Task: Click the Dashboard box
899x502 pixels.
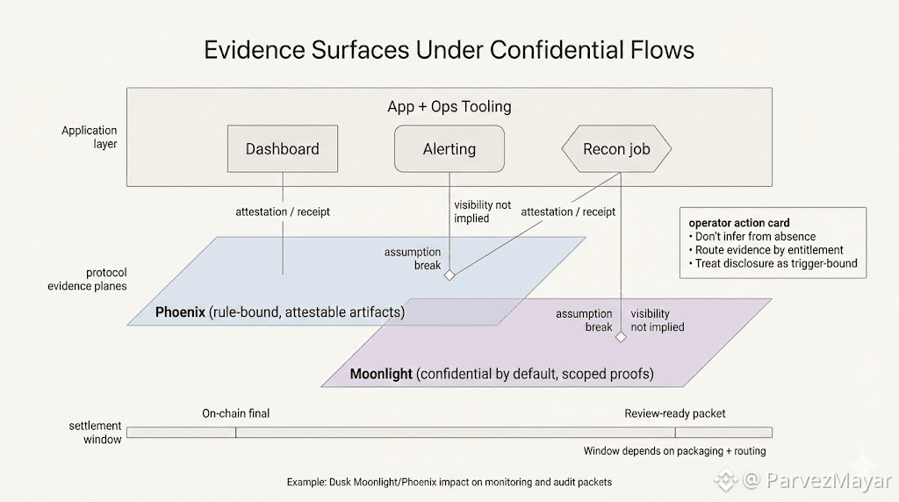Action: (x=282, y=148)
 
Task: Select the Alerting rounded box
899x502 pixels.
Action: (x=449, y=148)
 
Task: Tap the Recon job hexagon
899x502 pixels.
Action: (x=616, y=148)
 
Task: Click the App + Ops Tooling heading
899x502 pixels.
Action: (x=449, y=106)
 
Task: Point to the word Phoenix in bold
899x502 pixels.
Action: (x=180, y=312)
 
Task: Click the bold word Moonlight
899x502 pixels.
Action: (x=381, y=374)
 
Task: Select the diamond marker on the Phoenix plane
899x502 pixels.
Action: (x=449, y=275)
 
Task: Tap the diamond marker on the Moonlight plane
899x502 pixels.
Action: (x=621, y=337)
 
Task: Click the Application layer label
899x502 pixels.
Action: (x=89, y=137)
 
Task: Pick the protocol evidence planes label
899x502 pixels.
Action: (x=87, y=279)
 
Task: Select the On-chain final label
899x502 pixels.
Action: (x=236, y=413)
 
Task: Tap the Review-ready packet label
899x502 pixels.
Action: (x=675, y=413)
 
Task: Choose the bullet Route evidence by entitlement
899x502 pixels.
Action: (x=769, y=250)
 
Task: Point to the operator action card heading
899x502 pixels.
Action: (x=739, y=223)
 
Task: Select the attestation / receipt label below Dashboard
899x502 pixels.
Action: (x=283, y=212)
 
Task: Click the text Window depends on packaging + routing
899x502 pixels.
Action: (x=674, y=451)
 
